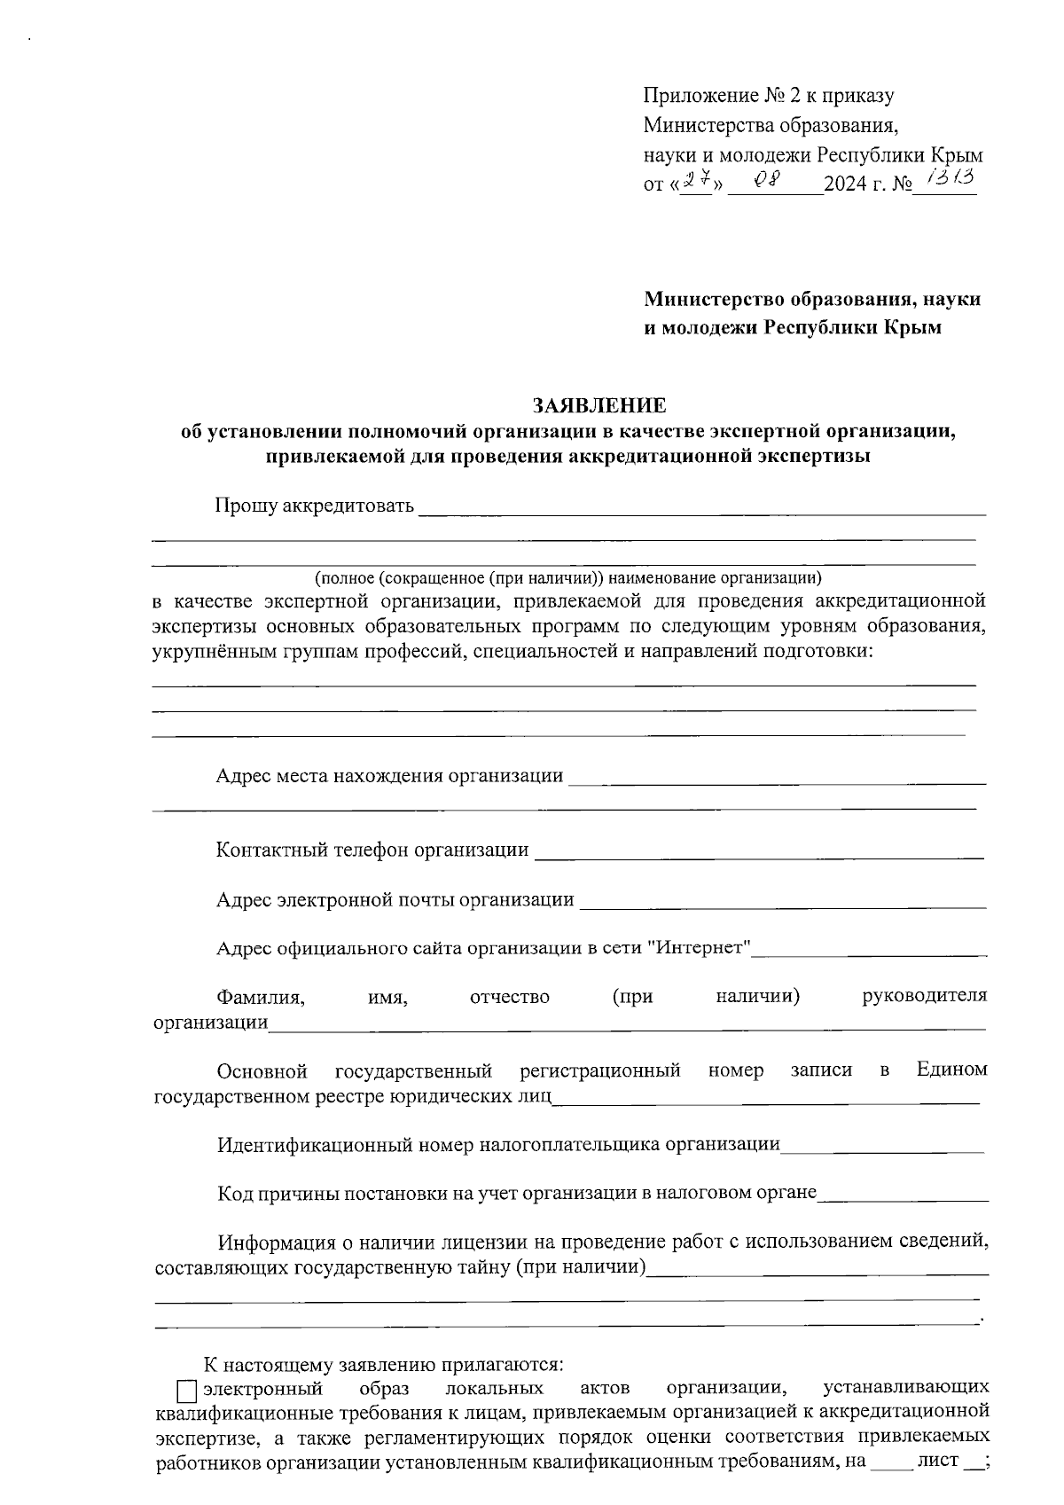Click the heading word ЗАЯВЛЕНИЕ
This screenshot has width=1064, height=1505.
[x=598, y=406]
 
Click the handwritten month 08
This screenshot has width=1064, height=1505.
[x=765, y=180]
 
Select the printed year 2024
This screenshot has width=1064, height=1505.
[x=845, y=186]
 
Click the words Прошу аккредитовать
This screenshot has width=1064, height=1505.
[x=314, y=506]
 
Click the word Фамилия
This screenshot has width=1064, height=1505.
[x=261, y=996]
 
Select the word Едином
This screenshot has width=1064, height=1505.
[x=951, y=1070]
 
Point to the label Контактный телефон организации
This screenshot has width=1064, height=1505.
[x=372, y=850]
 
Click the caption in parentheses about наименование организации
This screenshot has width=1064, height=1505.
[x=568, y=578]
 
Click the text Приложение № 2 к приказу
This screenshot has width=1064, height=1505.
[x=768, y=96]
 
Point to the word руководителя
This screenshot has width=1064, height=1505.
[x=924, y=996]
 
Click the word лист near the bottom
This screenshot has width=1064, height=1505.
[x=939, y=1460]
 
